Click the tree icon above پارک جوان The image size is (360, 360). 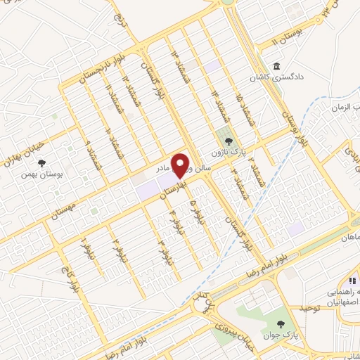[281, 324]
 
